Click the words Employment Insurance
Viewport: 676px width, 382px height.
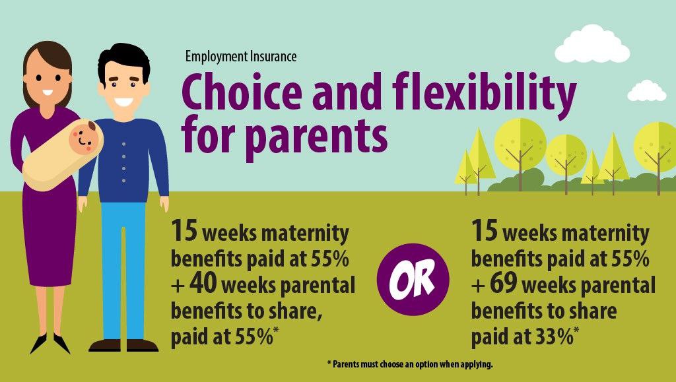[241, 57]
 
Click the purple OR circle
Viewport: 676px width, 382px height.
[413, 279]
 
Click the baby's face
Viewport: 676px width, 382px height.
[84, 138]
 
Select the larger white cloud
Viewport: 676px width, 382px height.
[592, 44]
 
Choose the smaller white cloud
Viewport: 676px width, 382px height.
[646, 91]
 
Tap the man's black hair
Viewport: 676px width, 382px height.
[123, 60]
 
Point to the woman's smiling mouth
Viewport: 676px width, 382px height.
[47, 92]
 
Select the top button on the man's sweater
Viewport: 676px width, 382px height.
[123, 143]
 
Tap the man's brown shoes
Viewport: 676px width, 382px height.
[123, 345]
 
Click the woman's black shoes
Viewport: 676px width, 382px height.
[50, 343]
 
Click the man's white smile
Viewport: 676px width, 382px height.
[123, 102]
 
